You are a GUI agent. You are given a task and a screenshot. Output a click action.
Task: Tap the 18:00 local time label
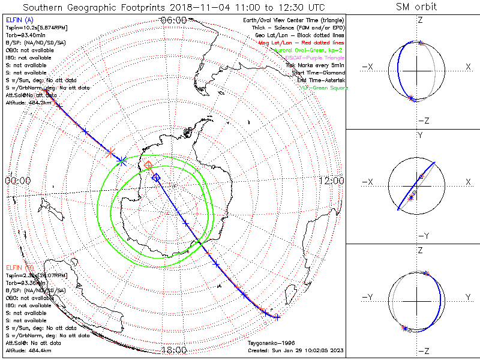tap(174, 350)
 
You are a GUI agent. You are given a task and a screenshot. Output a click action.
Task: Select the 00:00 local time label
tap(17, 180)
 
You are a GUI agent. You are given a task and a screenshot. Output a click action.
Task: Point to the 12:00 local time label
tap(331, 180)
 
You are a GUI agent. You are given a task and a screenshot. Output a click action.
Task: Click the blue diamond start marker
tap(156, 177)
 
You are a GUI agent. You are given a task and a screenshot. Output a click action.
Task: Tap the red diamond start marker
tap(148, 165)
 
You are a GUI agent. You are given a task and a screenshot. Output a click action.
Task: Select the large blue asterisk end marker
tap(122, 161)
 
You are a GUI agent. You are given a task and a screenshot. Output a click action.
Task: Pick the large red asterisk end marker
tap(111, 153)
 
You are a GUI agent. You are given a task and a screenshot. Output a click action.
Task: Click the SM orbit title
tap(416, 7)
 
